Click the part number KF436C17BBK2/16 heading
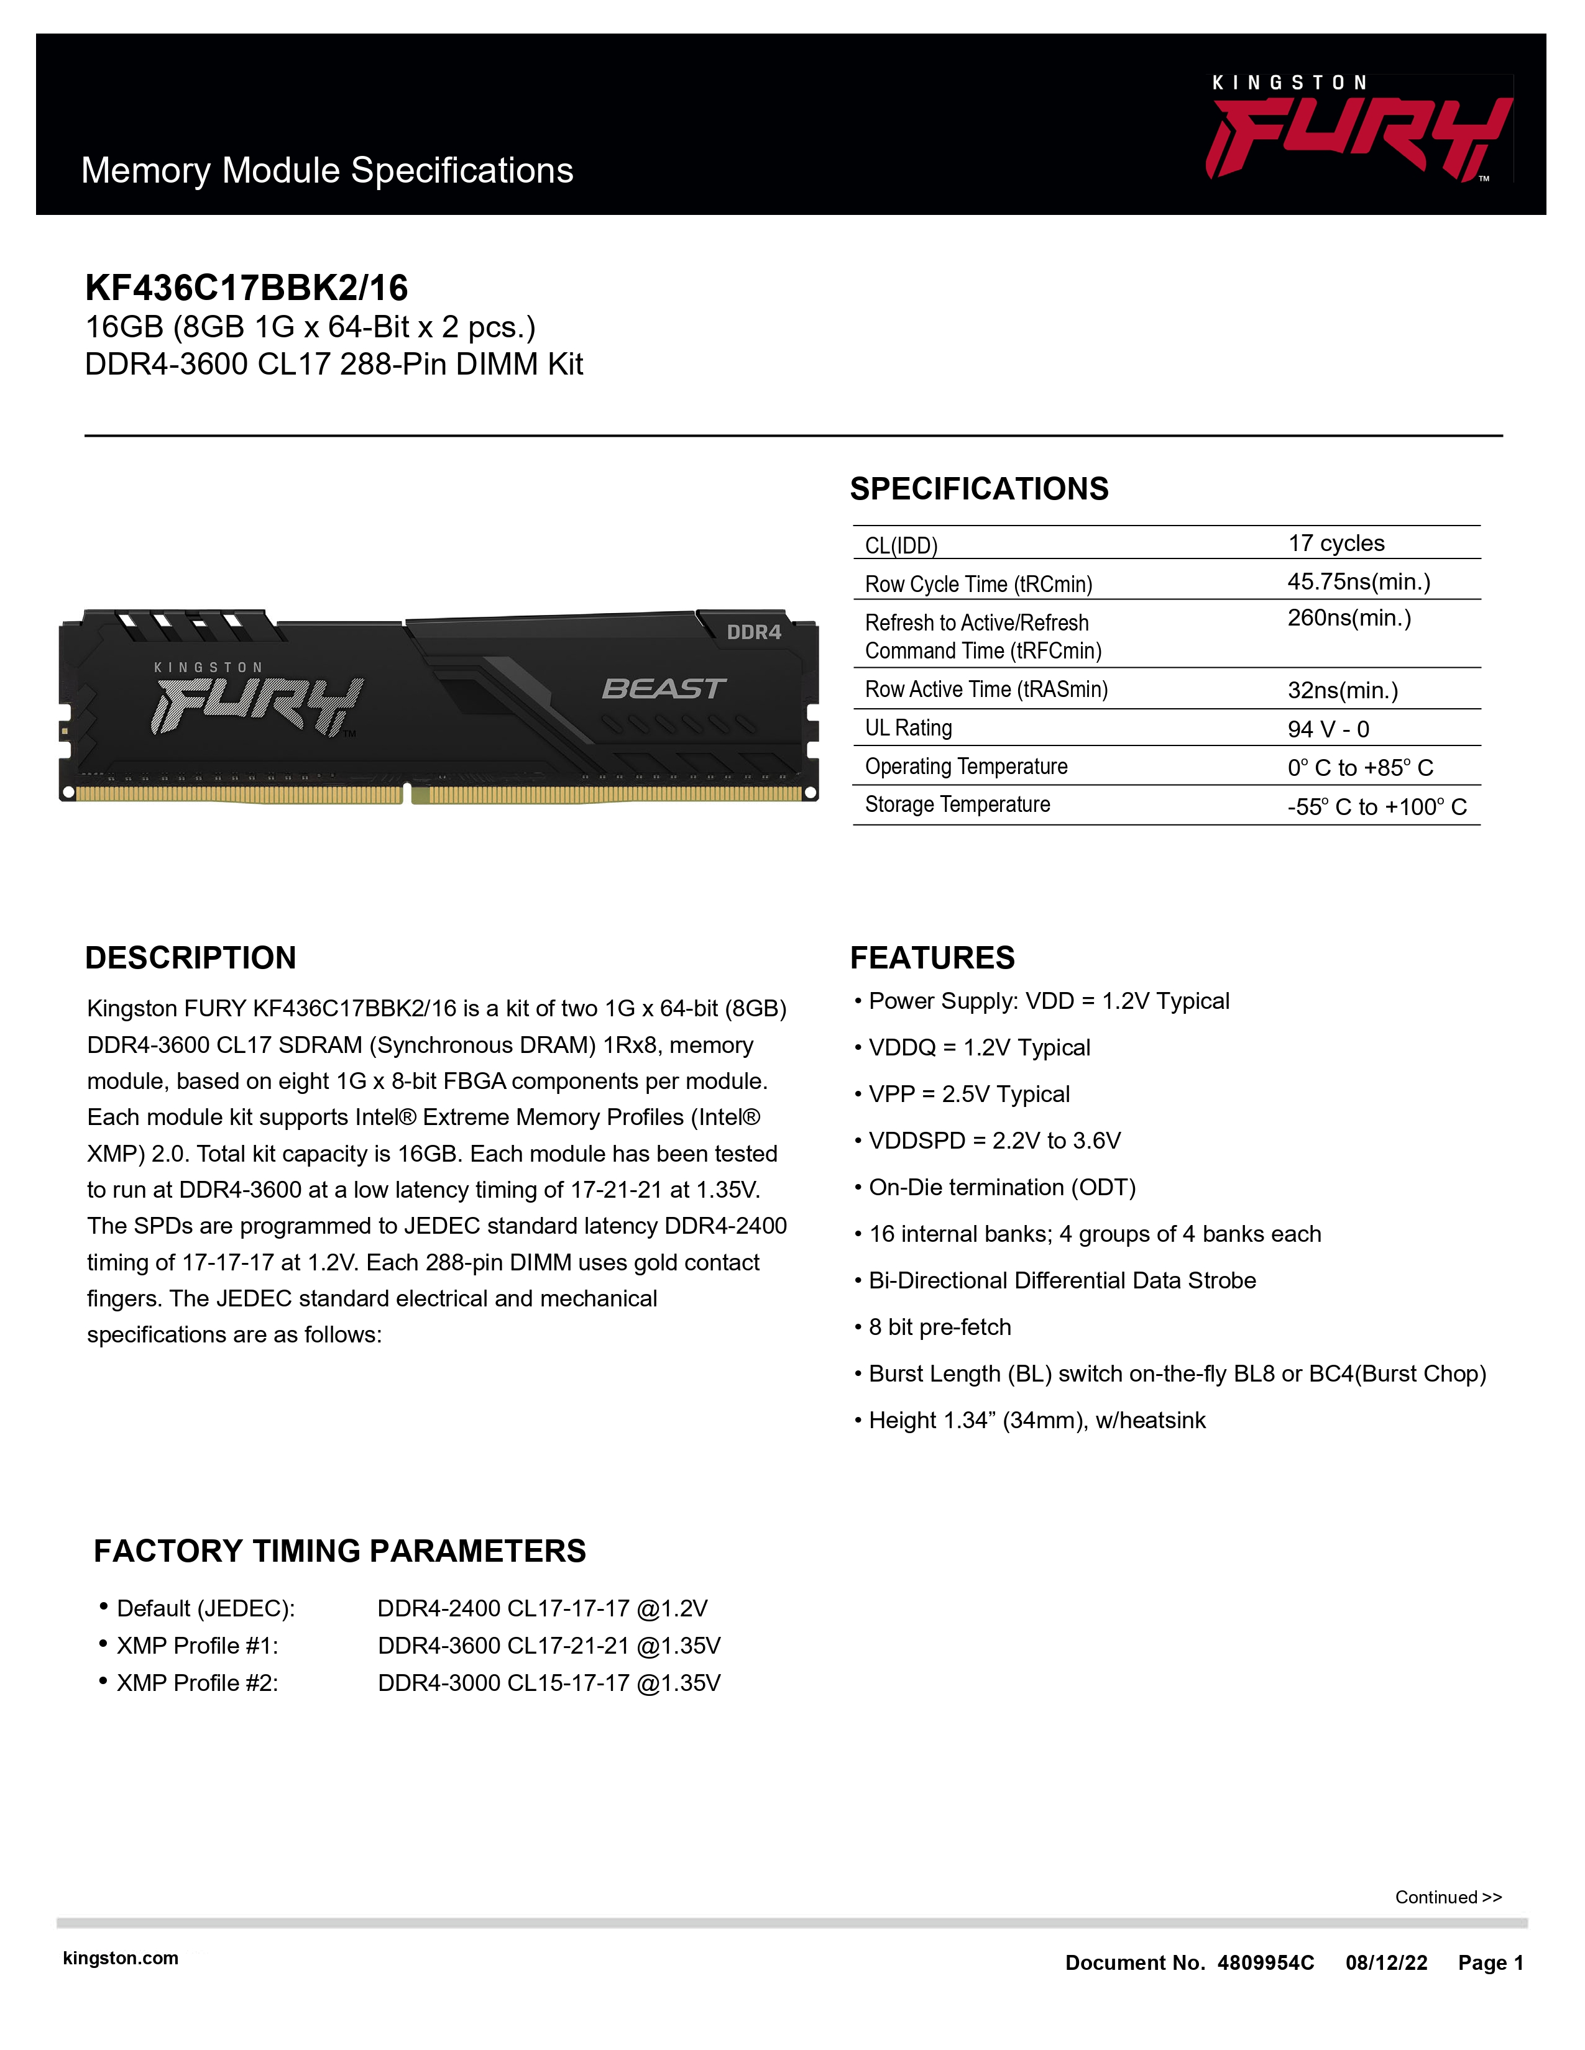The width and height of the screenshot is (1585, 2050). (247, 287)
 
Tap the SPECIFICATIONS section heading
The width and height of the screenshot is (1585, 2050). (978, 489)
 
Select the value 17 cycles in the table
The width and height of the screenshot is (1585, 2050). (1335, 544)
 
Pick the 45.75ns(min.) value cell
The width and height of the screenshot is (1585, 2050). (1358, 582)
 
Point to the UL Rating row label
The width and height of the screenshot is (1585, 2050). (908, 729)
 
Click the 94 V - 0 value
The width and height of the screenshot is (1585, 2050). (1328, 729)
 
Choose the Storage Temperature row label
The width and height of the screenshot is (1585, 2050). (957, 804)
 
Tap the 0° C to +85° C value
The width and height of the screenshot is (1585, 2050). (1359, 768)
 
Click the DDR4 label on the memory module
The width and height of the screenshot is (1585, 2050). (753, 632)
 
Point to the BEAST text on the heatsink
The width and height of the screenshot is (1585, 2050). (663, 689)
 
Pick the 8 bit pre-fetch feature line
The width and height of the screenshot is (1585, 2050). (939, 1328)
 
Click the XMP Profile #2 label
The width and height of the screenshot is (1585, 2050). (197, 1683)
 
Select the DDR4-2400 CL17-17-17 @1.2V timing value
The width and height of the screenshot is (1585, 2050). (542, 1609)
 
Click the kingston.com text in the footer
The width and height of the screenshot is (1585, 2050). (120, 1958)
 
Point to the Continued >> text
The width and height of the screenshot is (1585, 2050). (1448, 1897)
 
